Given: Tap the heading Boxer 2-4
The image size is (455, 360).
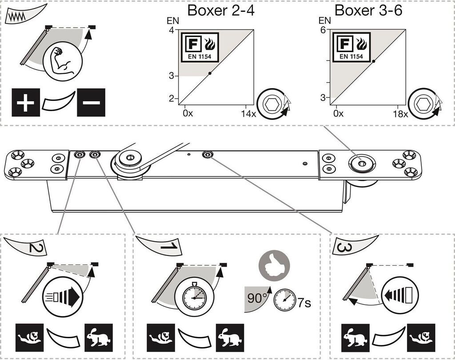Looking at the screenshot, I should click(x=221, y=10).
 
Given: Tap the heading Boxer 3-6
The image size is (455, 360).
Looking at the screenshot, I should click(x=368, y=10).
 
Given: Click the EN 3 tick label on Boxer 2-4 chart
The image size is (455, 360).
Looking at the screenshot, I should click(x=172, y=76).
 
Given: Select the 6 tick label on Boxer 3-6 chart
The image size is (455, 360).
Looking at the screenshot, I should click(x=323, y=30).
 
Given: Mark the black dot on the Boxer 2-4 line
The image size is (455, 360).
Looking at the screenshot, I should click(x=210, y=73).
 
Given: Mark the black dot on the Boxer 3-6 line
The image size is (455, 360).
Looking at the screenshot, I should click(x=374, y=61).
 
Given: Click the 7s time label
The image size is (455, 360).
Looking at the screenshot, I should click(x=304, y=303).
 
